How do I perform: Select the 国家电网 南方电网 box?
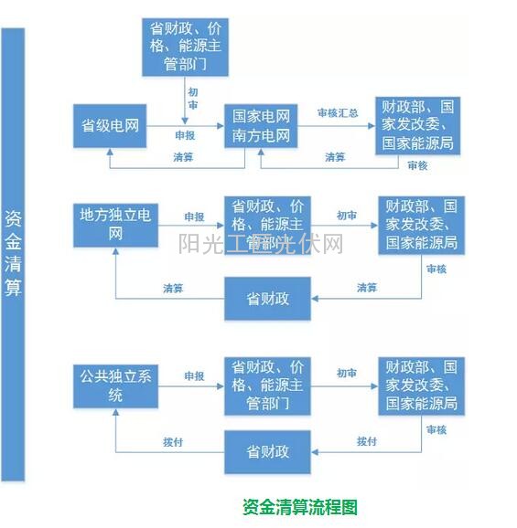(x=261, y=127)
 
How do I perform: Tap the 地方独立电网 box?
(x=116, y=225)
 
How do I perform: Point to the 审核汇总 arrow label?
(x=337, y=112)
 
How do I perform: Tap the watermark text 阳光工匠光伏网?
(x=261, y=244)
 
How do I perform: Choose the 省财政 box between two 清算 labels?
(x=267, y=300)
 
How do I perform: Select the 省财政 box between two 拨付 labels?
(x=267, y=452)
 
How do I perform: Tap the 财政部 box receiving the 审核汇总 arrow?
(x=416, y=127)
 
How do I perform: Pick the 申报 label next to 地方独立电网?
(x=194, y=216)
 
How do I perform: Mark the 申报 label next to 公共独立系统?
(x=194, y=375)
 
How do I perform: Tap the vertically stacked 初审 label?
(x=193, y=99)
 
